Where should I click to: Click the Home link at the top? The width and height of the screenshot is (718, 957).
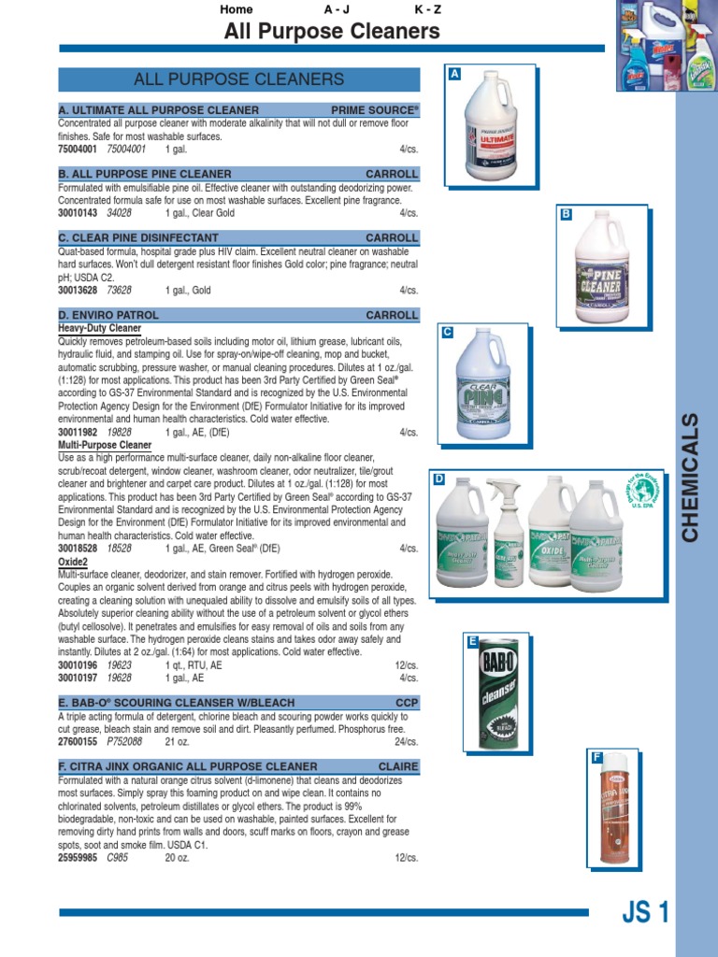(236, 9)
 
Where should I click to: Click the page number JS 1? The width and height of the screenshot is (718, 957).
(645, 912)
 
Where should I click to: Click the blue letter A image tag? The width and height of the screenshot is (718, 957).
(455, 73)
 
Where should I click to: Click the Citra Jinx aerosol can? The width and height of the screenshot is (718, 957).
(612, 813)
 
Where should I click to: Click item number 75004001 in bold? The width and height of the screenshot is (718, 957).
(78, 150)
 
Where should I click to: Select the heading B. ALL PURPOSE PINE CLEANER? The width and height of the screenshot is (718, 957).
(145, 174)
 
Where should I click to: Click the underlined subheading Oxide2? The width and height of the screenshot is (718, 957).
(73, 563)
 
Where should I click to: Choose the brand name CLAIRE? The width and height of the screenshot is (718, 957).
(398, 766)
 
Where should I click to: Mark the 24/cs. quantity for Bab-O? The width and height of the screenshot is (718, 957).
(407, 741)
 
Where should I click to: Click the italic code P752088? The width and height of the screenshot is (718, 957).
(124, 741)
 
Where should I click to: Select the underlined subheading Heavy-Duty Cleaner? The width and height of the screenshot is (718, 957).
(99, 329)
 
